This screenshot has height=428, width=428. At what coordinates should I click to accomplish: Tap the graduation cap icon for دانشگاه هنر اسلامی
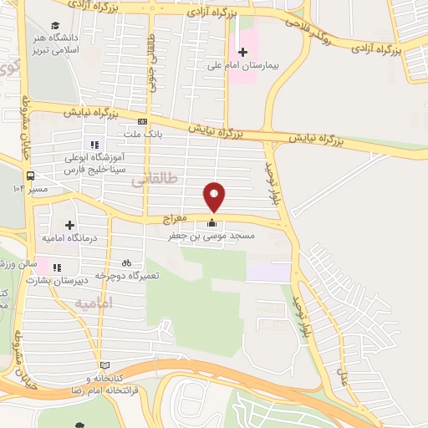pos(56,27)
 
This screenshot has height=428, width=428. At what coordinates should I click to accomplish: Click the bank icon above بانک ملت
pos(142,120)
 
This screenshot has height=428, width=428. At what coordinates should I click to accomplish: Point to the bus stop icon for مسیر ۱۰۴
pos(31,176)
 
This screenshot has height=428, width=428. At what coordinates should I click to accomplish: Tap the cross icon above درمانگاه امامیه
pos(70,225)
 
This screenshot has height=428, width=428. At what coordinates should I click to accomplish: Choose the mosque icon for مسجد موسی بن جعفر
pos(211,223)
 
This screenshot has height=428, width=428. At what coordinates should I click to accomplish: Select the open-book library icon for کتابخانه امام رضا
pos(104,365)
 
